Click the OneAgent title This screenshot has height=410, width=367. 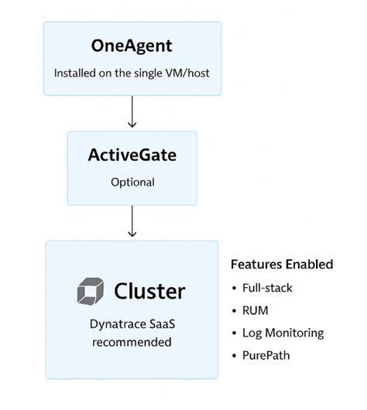point(132,46)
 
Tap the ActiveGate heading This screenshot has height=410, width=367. point(132,155)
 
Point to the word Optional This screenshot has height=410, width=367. point(132,183)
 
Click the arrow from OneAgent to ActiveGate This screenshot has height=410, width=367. point(132,111)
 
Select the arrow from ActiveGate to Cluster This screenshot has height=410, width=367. point(132,222)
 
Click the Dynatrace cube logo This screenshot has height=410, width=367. point(91,292)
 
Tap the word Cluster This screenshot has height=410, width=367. point(149,292)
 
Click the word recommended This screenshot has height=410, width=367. point(132,341)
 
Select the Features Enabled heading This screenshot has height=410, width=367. point(282,265)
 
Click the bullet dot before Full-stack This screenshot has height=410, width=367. point(235,288)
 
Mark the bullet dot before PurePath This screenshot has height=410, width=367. point(235,357)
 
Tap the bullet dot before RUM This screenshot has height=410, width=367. point(235,311)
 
